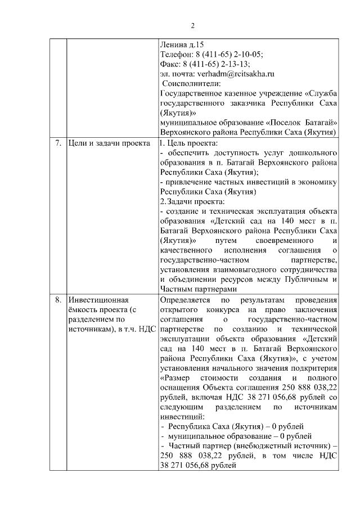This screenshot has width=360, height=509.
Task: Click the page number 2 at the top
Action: pos(192,25)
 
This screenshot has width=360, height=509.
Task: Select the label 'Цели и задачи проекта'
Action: pos(109,143)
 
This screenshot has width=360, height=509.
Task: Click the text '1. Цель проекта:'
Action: pos(188,143)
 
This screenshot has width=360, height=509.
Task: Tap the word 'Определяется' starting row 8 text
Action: pos(184,300)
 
